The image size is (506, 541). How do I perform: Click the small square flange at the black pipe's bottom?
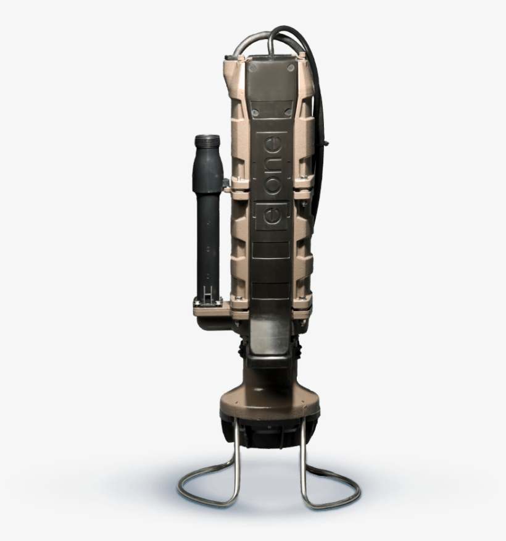point(207,302)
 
